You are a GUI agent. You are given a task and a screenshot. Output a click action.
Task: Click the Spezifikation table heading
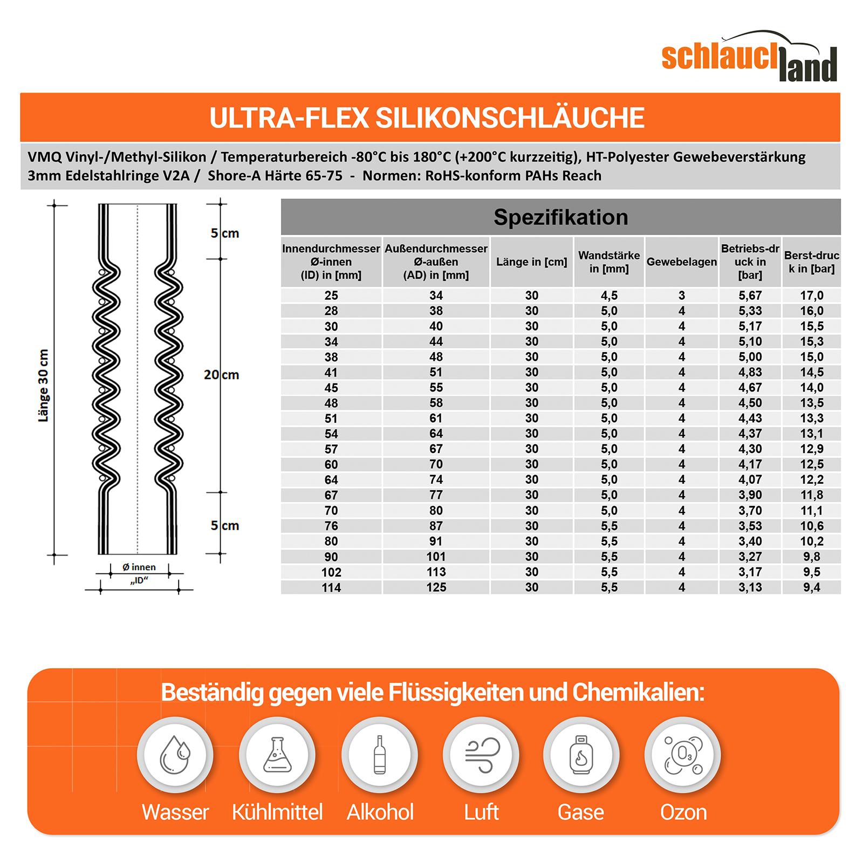point(560,217)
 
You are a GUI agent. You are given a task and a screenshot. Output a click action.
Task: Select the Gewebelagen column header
point(681,262)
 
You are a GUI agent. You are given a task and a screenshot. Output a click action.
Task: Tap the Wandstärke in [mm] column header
point(609,262)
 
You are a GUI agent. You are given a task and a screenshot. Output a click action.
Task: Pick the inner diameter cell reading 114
point(331,588)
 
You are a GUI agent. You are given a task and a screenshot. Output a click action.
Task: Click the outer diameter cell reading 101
point(436,557)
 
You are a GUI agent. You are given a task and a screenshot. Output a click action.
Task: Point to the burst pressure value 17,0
point(811,296)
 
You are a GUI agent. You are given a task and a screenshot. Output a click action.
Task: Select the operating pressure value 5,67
point(750,296)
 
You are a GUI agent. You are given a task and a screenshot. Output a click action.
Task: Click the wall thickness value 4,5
point(609,296)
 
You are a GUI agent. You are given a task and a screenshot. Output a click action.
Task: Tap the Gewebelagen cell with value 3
point(681,296)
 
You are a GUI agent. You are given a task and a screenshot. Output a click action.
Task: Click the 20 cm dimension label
point(221,375)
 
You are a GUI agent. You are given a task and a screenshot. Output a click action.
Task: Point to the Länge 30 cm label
point(44,385)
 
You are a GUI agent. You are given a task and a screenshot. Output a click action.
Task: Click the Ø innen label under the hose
point(139,567)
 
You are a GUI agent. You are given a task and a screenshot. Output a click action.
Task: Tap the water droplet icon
point(175,755)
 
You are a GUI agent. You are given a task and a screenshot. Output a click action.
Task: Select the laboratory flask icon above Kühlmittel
point(277,755)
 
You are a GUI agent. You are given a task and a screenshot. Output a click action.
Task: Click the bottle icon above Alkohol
point(380,755)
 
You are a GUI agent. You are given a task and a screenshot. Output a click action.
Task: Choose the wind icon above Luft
point(481,755)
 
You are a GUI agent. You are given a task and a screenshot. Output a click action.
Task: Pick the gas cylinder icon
point(581,755)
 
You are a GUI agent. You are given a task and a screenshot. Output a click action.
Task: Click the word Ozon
point(683,812)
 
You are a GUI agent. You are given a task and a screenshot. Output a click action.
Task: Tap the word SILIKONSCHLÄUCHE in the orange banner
point(510,118)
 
